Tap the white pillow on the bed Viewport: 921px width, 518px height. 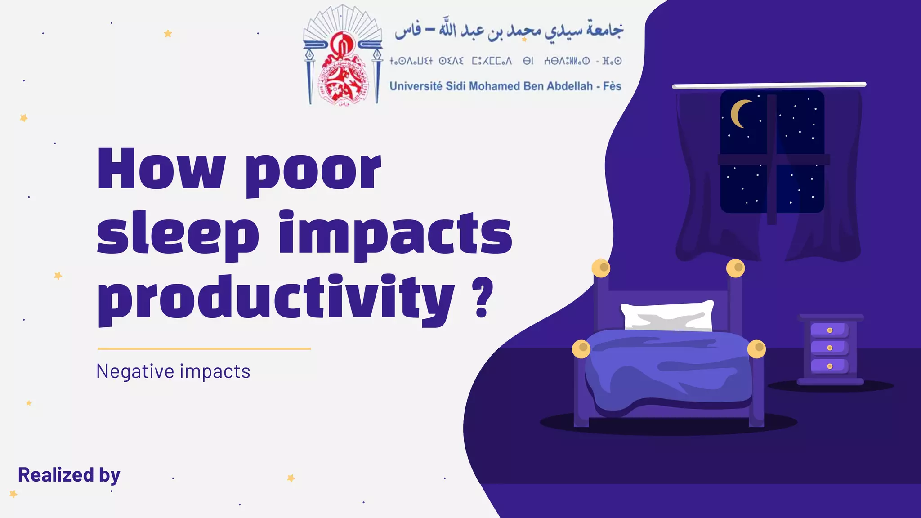(667, 316)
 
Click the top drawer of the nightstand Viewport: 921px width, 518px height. (829, 330)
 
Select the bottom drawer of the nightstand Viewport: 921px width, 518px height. (829, 366)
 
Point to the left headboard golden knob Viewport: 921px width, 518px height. (601, 268)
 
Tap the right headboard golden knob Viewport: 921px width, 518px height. (736, 268)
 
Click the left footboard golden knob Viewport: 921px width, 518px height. (581, 349)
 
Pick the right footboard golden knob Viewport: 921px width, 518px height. (757, 349)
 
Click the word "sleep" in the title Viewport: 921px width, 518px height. (178, 236)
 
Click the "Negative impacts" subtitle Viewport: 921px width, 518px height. (173, 371)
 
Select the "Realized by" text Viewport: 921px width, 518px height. (69, 475)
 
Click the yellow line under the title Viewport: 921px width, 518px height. (204, 348)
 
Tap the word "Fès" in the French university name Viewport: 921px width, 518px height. (612, 86)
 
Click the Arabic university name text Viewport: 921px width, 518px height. (509, 31)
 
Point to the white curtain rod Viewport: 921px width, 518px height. (769, 85)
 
